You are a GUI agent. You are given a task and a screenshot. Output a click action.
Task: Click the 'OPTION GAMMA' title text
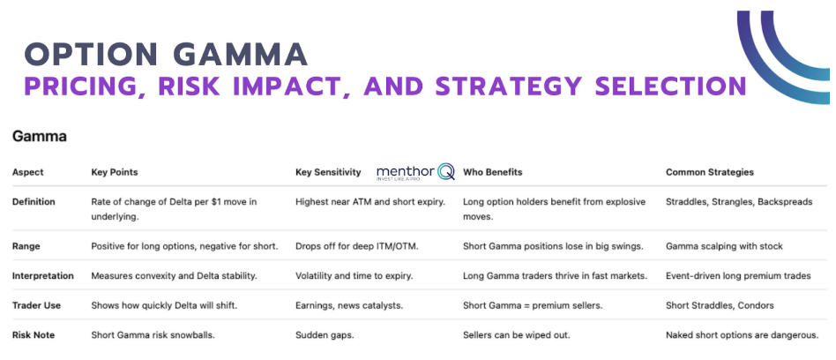(167, 55)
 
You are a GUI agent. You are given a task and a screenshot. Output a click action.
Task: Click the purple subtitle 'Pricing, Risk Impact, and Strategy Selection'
(385, 86)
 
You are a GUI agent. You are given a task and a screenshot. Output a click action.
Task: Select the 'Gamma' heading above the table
(39, 137)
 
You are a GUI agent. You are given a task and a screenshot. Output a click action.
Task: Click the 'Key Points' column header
(115, 172)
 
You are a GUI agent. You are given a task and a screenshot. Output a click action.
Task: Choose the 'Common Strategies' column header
(710, 172)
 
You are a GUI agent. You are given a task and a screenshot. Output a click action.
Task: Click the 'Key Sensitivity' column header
(328, 172)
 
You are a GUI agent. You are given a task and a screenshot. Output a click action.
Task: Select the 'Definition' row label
(34, 202)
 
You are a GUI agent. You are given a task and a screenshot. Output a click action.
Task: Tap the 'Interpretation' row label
(43, 276)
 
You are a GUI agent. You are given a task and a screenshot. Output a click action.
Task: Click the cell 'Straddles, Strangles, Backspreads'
(739, 202)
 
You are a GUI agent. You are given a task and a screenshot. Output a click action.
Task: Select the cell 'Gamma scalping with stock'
(724, 245)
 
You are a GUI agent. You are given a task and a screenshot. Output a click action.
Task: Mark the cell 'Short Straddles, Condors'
(720, 305)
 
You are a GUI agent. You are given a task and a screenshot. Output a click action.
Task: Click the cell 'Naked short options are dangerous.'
(743, 335)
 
